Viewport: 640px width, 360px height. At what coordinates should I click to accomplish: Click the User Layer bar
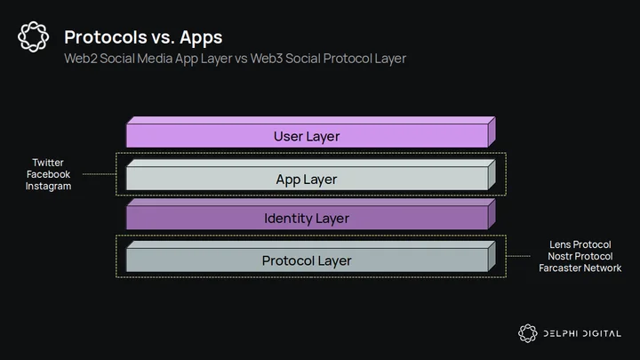coord(310,132)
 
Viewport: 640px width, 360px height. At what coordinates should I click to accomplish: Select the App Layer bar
coord(310,175)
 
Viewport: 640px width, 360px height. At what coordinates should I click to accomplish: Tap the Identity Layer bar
coord(310,214)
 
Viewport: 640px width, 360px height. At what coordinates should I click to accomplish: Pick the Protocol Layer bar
coord(310,257)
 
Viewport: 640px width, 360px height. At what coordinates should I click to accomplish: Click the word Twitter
coord(48,163)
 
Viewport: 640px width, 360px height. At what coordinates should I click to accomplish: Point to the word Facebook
coord(48,174)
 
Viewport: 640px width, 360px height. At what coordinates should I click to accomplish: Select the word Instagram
coord(48,186)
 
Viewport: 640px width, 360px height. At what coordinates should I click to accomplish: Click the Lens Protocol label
coord(580,244)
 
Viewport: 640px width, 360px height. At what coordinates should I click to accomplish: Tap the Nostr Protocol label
coord(580,256)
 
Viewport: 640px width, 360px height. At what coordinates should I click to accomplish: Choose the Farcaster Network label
coord(580,268)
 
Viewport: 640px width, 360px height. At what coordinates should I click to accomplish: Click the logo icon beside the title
coord(34,36)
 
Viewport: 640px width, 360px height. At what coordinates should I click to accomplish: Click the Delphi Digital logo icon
coord(528,333)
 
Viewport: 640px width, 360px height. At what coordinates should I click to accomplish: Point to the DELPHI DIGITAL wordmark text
coord(582,334)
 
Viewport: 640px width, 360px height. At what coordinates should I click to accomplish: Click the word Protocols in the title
coord(106,37)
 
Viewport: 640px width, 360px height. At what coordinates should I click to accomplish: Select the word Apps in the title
coord(201,38)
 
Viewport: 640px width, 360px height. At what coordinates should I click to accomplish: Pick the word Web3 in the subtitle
coord(267,59)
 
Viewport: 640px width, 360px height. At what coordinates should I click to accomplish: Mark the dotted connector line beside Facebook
coord(100,174)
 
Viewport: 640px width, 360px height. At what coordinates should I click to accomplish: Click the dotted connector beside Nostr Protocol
coord(518,256)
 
